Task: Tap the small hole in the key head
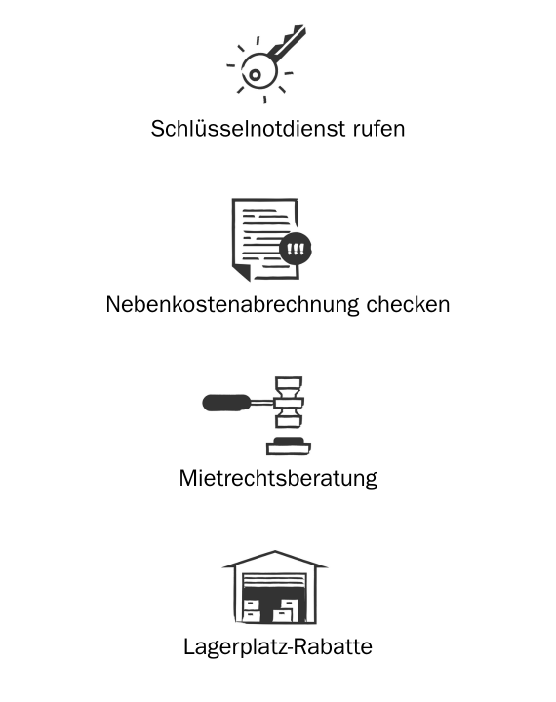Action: tap(255, 75)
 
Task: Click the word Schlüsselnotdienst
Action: tap(248, 129)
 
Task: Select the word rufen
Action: tap(379, 129)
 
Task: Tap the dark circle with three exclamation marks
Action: tap(296, 249)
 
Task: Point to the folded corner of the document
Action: tap(242, 272)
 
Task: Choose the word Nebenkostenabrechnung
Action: tap(232, 305)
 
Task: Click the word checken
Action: tap(408, 305)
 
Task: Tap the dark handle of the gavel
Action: tap(226, 403)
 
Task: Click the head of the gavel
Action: tap(289, 402)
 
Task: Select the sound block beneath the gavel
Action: tap(289, 447)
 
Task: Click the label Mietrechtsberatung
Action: tap(278, 479)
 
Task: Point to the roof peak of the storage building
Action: tap(275, 553)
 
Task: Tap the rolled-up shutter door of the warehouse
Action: tap(274, 581)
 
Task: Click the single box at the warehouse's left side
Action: tap(252, 610)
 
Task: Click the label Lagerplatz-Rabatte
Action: tap(278, 647)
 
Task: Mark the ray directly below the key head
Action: tap(264, 99)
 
